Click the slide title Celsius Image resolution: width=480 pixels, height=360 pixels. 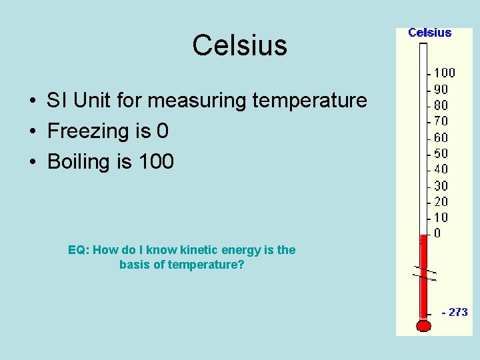tap(239, 46)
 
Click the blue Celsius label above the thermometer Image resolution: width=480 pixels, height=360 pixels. tap(429, 33)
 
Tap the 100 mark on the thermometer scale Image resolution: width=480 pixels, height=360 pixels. tap(444, 73)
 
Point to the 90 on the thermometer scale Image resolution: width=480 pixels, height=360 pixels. tap(441, 89)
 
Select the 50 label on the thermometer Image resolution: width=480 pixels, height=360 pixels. tap(441, 153)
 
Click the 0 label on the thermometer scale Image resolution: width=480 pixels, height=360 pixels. tap(437, 233)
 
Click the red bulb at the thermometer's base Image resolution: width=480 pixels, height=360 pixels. tap(423, 325)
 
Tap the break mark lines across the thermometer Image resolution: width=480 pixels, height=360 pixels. tap(423, 273)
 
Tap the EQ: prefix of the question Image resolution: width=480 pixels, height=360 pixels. tap(78, 250)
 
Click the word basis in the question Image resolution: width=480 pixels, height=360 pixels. tap(136, 265)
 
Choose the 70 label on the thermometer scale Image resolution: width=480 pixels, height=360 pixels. tap(441, 121)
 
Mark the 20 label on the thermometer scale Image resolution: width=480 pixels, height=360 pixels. tap(441, 201)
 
